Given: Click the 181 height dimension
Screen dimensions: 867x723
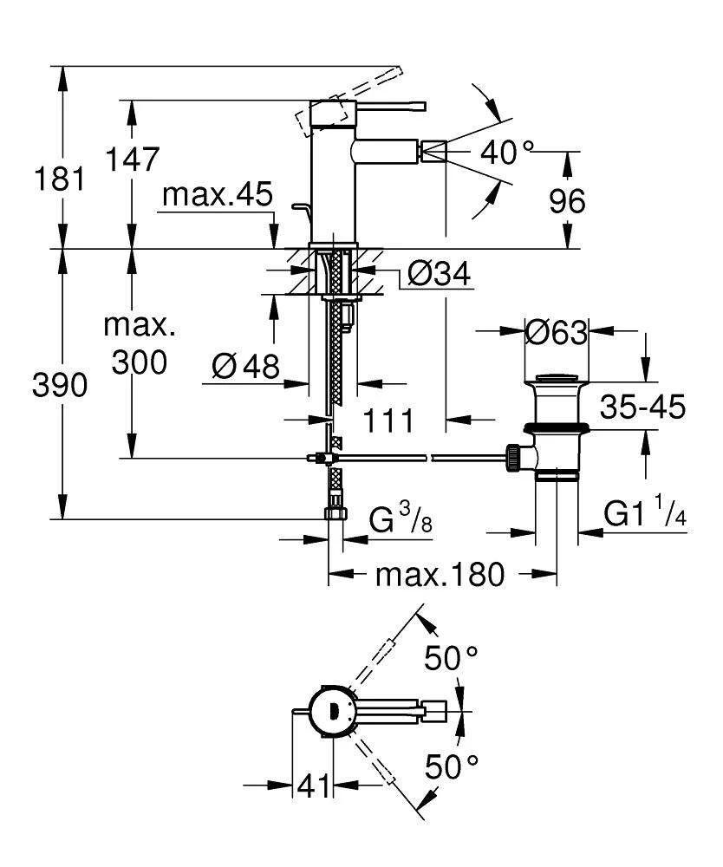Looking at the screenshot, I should (x=60, y=179).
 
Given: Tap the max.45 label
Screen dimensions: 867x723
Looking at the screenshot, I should (x=218, y=195).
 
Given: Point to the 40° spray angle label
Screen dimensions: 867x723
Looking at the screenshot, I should (x=507, y=153).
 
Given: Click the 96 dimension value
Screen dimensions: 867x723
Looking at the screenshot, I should (x=567, y=201).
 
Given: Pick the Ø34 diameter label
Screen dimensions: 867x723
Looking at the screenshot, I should (x=438, y=276).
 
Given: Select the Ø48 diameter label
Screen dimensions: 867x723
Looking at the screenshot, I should (x=246, y=368).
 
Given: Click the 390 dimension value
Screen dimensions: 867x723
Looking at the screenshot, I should (x=60, y=386).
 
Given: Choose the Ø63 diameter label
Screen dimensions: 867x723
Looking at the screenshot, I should (x=557, y=331).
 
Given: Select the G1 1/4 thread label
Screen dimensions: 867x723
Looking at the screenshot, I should (x=645, y=515).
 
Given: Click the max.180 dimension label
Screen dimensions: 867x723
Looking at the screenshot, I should (x=439, y=574).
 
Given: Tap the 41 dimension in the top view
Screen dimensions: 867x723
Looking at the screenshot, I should (x=315, y=786).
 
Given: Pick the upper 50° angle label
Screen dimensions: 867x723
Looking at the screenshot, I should (x=451, y=658).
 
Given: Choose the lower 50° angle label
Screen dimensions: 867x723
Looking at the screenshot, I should (x=451, y=766).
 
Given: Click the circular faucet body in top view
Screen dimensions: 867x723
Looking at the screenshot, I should (x=332, y=711).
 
